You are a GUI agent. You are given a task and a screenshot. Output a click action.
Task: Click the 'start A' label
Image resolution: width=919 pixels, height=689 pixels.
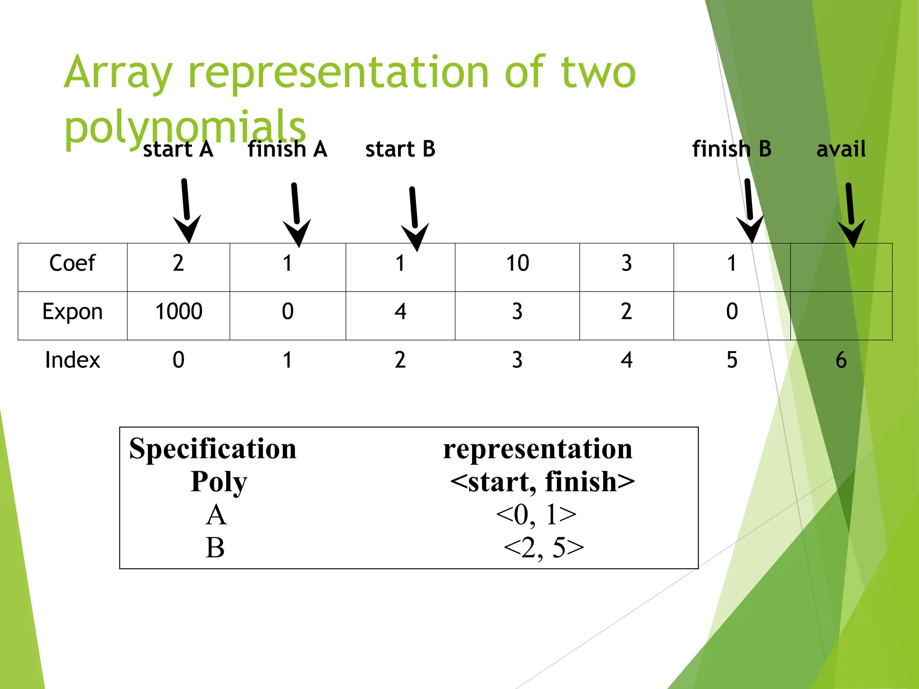point(178,149)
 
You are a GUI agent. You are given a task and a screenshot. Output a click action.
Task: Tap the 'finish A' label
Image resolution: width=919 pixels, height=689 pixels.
point(288,149)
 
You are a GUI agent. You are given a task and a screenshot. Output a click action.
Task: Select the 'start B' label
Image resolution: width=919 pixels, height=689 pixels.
point(400,149)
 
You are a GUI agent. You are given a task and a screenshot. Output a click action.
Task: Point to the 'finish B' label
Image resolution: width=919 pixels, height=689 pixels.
point(732,149)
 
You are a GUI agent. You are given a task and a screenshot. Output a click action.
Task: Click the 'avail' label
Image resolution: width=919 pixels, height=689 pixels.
point(841,149)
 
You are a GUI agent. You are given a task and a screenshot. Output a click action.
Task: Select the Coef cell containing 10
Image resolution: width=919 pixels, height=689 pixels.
point(517,263)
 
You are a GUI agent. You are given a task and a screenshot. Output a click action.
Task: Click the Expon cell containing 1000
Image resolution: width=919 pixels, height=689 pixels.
point(179,312)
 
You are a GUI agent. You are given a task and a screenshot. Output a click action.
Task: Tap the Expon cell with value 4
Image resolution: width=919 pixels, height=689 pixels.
point(400,312)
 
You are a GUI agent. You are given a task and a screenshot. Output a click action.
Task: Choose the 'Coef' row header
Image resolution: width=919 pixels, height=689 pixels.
point(72,263)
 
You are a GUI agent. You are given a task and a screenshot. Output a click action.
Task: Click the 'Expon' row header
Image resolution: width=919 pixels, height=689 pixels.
point(72,312)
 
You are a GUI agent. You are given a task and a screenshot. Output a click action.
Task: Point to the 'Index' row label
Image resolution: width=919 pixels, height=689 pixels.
point(72,360)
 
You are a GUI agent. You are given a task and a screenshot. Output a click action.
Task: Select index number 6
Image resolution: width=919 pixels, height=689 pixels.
point(841,360)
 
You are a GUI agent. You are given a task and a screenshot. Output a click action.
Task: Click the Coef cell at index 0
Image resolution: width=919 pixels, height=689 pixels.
point(179,263)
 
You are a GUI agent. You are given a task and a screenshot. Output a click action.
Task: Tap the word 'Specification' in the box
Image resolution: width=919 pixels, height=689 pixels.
point(213,449)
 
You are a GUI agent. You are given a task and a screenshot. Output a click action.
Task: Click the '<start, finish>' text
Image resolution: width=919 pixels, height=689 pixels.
point(542,482)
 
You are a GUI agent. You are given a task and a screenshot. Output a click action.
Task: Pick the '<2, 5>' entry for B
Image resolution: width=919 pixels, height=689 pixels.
point(543,548)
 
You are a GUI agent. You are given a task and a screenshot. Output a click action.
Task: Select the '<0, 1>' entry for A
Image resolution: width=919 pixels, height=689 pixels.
point(536,515)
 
